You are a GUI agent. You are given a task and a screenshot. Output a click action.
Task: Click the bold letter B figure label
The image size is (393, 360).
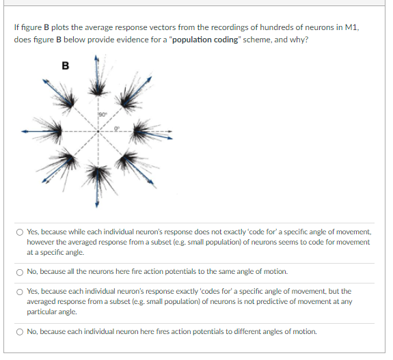(65, 66)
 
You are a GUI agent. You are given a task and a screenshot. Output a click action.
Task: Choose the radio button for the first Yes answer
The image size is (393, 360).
(21, 232)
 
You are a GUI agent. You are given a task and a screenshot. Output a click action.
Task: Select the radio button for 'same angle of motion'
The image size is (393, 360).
(21, 271)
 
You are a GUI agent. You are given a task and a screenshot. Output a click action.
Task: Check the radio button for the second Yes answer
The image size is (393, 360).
(21, 291)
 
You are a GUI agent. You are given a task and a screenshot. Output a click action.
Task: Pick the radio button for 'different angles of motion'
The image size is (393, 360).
(21, 331)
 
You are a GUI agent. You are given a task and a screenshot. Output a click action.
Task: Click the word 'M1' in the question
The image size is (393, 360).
(351, 27)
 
